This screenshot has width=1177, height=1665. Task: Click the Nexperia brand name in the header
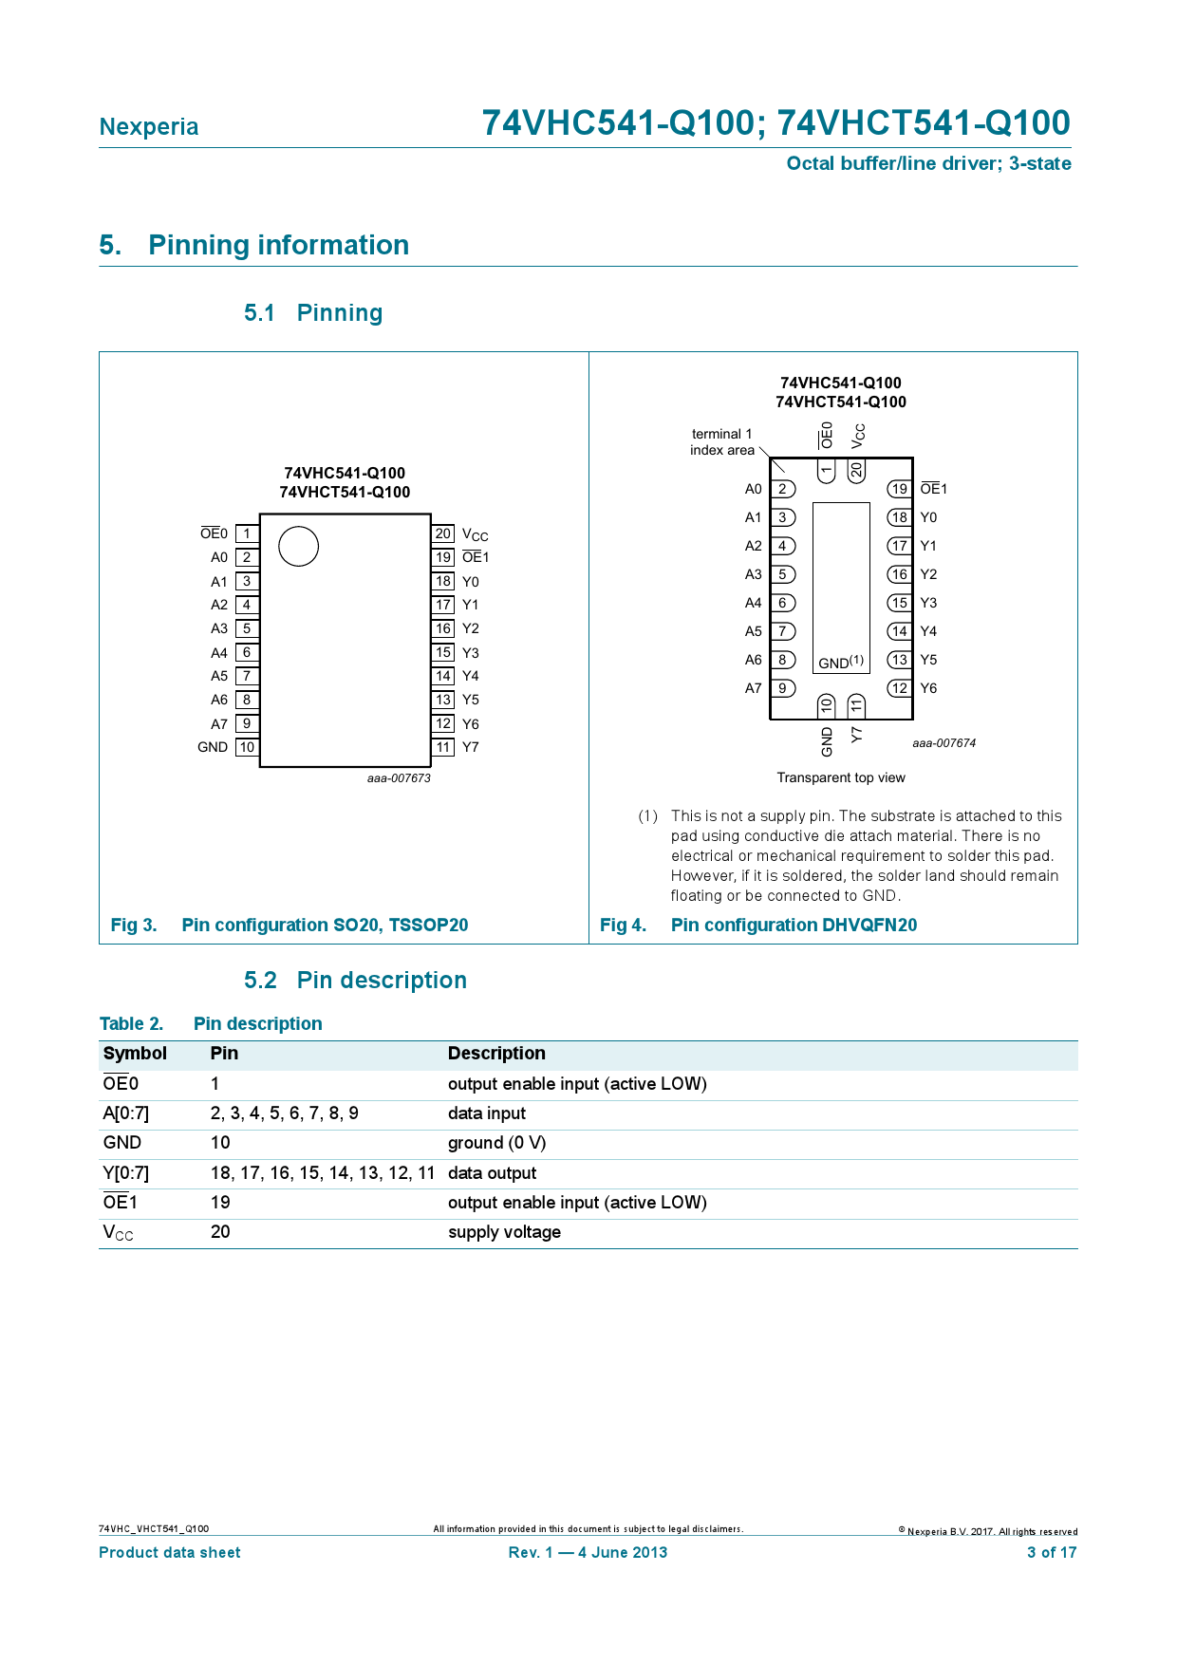149,127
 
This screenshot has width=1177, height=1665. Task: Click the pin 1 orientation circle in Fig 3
298,547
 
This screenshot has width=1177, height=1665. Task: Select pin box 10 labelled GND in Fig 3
247,747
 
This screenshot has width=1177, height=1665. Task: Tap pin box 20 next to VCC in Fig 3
443,533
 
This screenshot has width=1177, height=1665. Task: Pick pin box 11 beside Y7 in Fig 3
443,747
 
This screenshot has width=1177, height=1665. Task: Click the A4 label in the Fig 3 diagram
219,652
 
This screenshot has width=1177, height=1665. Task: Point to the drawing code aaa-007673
399,778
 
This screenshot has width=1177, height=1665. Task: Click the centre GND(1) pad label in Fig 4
841,662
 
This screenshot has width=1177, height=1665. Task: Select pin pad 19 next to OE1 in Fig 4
899,489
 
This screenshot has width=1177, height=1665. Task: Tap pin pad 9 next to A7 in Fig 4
782,688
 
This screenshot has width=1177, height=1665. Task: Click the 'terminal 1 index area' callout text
722,442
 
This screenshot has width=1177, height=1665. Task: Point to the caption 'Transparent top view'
841,777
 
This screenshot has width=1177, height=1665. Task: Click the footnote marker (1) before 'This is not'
647,816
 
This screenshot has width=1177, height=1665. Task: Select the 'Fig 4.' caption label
623,925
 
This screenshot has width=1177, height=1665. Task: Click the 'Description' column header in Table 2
496,1053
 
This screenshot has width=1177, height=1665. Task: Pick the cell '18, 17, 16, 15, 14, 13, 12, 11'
323,1173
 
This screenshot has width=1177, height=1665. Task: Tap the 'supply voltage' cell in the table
504,1232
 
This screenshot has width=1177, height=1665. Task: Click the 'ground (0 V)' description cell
496,1143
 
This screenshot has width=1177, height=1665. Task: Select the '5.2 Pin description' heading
355,981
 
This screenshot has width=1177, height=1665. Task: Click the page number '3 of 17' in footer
1052,1552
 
